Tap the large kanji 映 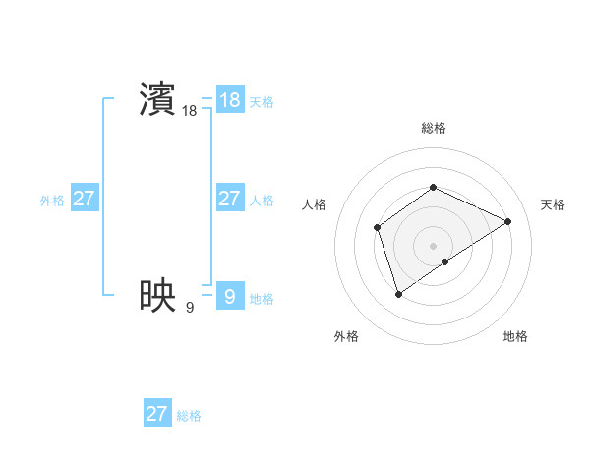pos(157,294)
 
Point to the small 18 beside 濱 pos(189,112)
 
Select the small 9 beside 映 pos(189,308)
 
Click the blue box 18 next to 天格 pos(229,100)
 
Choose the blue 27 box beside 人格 pos(229,199)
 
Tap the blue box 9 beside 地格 pos(229,296)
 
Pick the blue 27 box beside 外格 pos(84,199)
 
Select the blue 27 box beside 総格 pos(156,414)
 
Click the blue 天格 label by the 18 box pos(262,102)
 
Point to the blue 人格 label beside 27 pos(262,201)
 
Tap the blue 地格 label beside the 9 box pos(262,299)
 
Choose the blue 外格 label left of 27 pos(52,201)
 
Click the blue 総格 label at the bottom pos(189,416)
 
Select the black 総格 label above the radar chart pos(433,128)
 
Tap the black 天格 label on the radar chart pos(553,204)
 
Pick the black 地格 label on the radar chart pos(515,336)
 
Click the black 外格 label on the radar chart pos(346,336)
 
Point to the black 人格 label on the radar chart pos(314,204)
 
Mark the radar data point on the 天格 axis pos(508,221)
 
